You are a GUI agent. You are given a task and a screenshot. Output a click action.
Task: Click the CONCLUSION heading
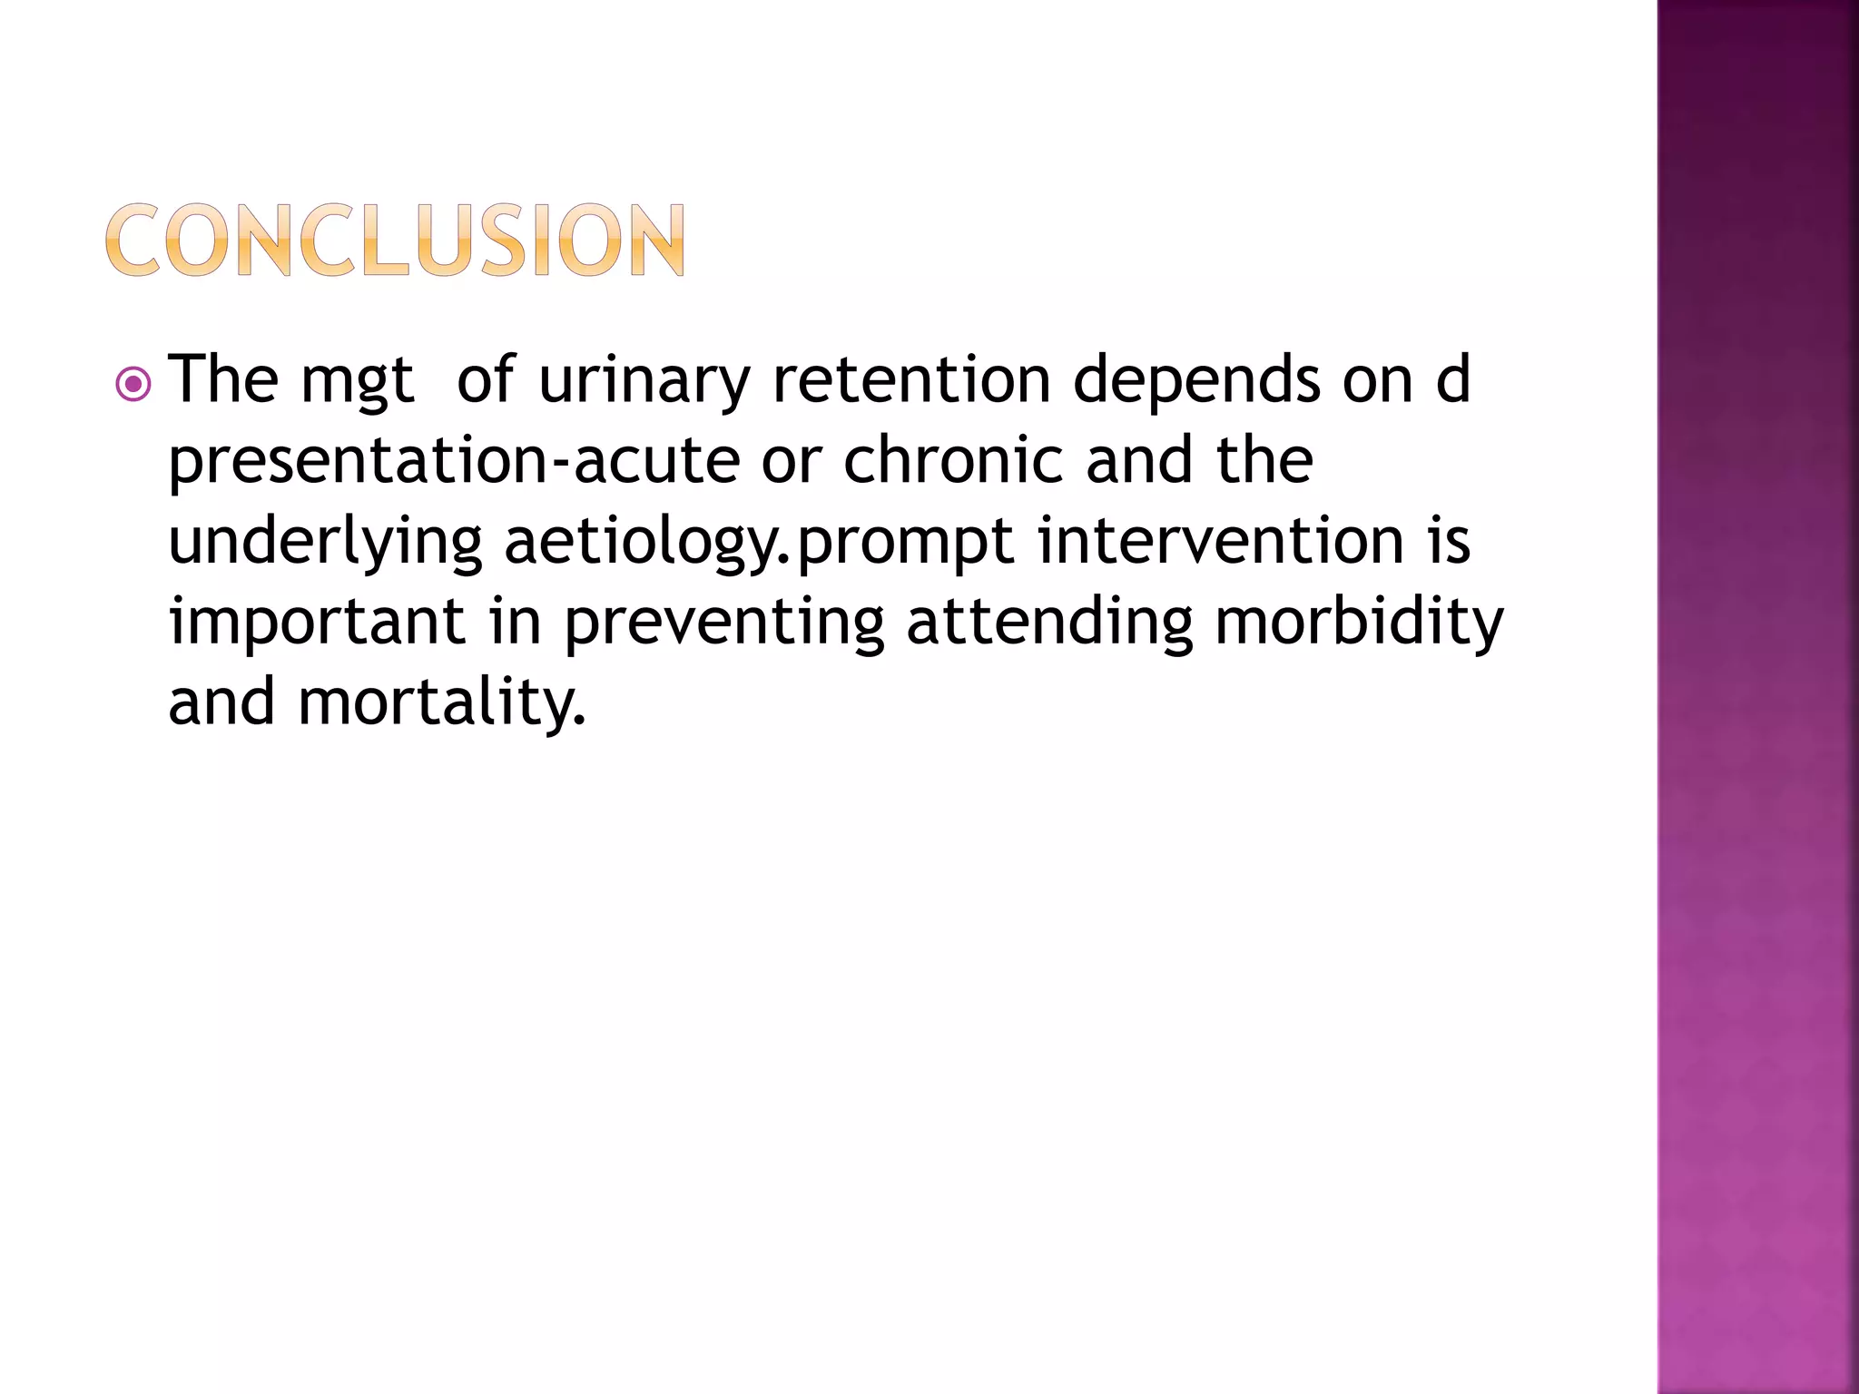[x=396, y=240]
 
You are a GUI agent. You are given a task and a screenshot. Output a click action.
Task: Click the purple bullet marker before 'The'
[x=133, y=385]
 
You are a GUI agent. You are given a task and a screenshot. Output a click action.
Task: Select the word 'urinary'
[x=644, y=381]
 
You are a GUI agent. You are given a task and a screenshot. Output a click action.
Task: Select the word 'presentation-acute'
[x=454, y=461]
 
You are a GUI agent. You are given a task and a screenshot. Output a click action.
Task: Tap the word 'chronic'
[x=953, y=459]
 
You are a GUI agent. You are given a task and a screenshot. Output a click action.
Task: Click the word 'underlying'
[x=325, y=543]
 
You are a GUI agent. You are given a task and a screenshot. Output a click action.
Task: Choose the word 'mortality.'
[x=442, y=702]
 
